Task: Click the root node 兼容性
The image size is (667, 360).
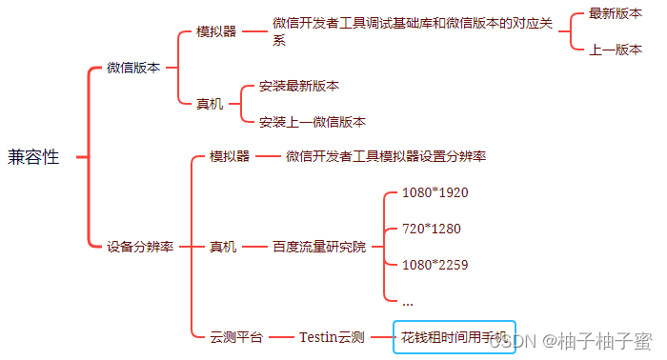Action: (33, 157)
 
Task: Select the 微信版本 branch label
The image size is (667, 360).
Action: (133, 68)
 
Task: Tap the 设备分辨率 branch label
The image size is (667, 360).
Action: (140, 247)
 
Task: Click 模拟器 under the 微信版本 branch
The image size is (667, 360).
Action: (216, 31)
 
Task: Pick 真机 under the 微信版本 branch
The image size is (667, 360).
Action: (210, 104)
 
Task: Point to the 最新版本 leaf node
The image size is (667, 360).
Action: (615, 13)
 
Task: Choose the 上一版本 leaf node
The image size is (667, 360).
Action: (615, 50)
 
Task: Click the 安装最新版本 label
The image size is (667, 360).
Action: (298, 86)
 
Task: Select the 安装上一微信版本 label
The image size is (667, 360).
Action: (312, 122)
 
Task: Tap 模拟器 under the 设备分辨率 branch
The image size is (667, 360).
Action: (230, 156)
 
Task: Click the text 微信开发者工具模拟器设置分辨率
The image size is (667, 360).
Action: (387, 156)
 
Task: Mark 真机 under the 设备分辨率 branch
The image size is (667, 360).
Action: (223, 247)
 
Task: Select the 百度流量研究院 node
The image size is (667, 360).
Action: (318, 247)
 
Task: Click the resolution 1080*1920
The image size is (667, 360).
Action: (435, 192)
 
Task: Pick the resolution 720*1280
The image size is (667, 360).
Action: (431, 229)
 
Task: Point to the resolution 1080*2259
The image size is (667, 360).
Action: (435, 265)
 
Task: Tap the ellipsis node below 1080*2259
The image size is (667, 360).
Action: (408, 302)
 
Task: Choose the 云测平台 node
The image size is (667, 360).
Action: (236, 337)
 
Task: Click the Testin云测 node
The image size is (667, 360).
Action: (332, 337)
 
